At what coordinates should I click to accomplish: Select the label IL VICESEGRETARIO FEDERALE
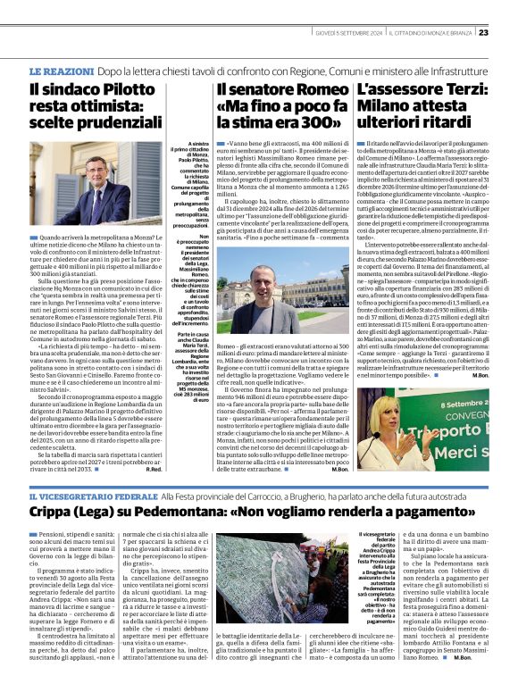94,495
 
